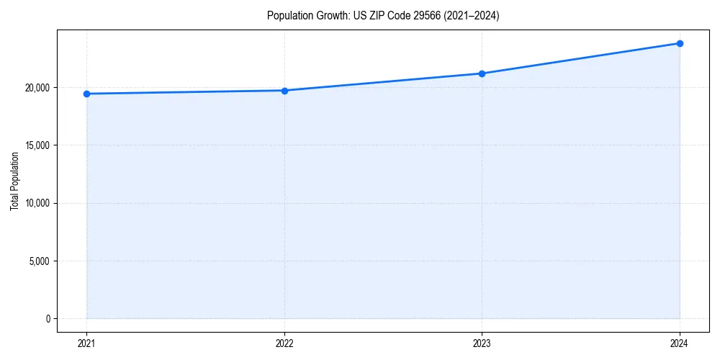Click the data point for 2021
[x=86, y=94]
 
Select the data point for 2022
[x=284, y=91]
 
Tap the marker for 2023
[x=482, y=73]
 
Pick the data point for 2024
[x=680, y=43]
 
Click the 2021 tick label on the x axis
[x=86, y=343]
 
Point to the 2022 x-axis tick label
[x=284, y=343]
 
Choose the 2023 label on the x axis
[x=482, y=343]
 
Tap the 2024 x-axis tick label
[x=680, y=343]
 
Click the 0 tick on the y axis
[x=48, y=318]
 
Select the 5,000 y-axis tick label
[x=39, y=261]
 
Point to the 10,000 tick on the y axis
[x=37, y=203]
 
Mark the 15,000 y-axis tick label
[x=37, y=145]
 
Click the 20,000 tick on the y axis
[x=37, y=88]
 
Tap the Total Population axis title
[x=14, y=181]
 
